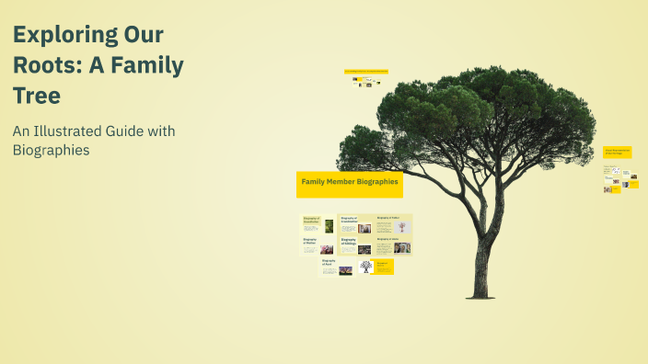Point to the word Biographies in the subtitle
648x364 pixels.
click(51, 151)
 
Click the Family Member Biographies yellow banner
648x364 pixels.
click(350, 183)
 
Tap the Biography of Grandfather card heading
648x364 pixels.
click(311, 220)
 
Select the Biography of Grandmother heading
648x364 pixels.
click(349, 220)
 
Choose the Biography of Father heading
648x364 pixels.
click(388, 218)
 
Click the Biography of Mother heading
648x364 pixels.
click(310, 241)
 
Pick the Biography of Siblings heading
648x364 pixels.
click(348, 242)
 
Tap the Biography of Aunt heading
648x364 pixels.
click(329, 262)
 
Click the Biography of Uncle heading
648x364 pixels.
click(388, 239)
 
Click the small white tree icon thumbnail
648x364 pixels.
click(365, 267)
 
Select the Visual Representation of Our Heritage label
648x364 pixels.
click(617, 152)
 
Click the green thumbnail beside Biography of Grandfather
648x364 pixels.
click(329, 225)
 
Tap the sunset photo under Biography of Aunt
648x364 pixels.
click(346, 271)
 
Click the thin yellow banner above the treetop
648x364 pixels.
click(365, 71)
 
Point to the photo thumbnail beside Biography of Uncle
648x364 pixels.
click(402, 247)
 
